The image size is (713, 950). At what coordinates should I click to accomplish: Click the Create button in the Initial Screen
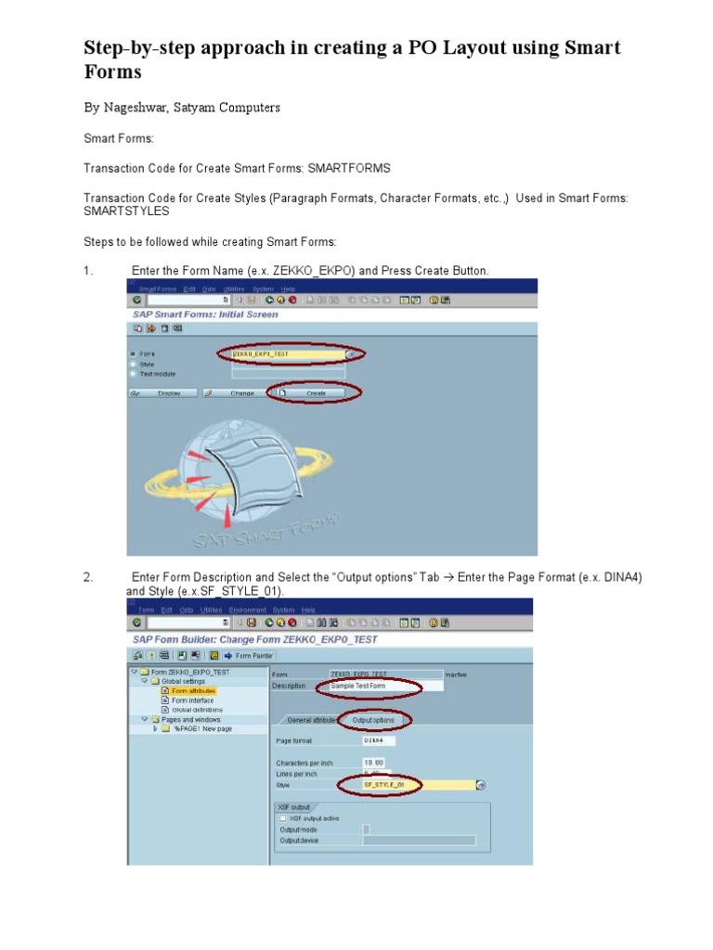(315, 393)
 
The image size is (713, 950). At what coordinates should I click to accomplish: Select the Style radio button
(133, 364)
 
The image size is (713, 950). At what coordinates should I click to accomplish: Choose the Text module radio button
(133, 374)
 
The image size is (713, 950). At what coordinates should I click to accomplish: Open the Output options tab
(372, 720)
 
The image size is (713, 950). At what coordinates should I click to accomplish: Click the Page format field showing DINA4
(381, 741)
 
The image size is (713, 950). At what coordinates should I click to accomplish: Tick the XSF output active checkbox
(282, 818)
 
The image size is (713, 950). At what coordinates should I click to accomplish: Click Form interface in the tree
(192, 700)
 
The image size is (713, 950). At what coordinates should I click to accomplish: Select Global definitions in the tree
(197, 710)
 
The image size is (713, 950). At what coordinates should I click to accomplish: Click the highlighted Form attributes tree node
(193, 691)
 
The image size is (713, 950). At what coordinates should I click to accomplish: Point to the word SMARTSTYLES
(126, 212)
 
